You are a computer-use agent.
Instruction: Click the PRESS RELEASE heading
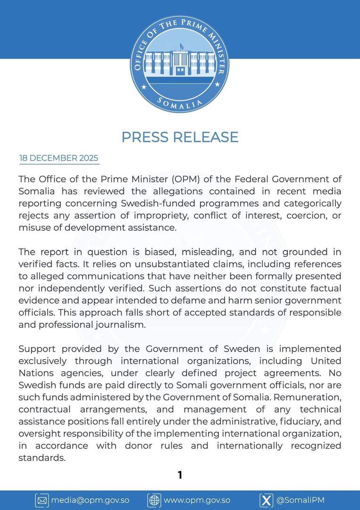click(180, 137)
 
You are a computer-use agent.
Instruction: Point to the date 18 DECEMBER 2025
click(59, 158)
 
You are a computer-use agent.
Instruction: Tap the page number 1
click(180, 475)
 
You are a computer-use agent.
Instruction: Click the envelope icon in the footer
click(42, 500)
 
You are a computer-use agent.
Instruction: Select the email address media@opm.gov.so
click(90, 500)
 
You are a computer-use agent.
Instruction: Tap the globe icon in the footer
click(154, 500)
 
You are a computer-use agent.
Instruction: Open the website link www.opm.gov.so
click(197, 500)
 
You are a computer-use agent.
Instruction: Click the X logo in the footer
click(267, 500)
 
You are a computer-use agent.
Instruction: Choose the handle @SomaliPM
click(301, 500)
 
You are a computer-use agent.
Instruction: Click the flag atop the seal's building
click(181, 46)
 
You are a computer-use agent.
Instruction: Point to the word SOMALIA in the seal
click(180, 102)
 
